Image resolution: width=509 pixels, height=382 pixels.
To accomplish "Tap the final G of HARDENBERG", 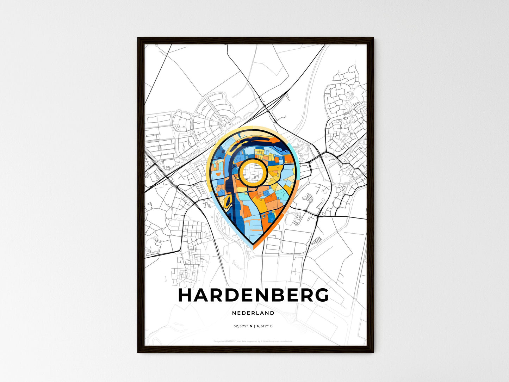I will tap(321, 295).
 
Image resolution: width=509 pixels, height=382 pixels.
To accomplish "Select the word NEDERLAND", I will tap(253, 313).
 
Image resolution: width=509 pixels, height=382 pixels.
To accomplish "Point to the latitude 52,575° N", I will tap(243, 326).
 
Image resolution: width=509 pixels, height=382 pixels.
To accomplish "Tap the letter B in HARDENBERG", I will tap(273, 295).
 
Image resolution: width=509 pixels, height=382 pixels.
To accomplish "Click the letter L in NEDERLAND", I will tap(258, 313).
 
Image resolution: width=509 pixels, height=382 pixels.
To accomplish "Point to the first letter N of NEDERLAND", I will tap(234, 313).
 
